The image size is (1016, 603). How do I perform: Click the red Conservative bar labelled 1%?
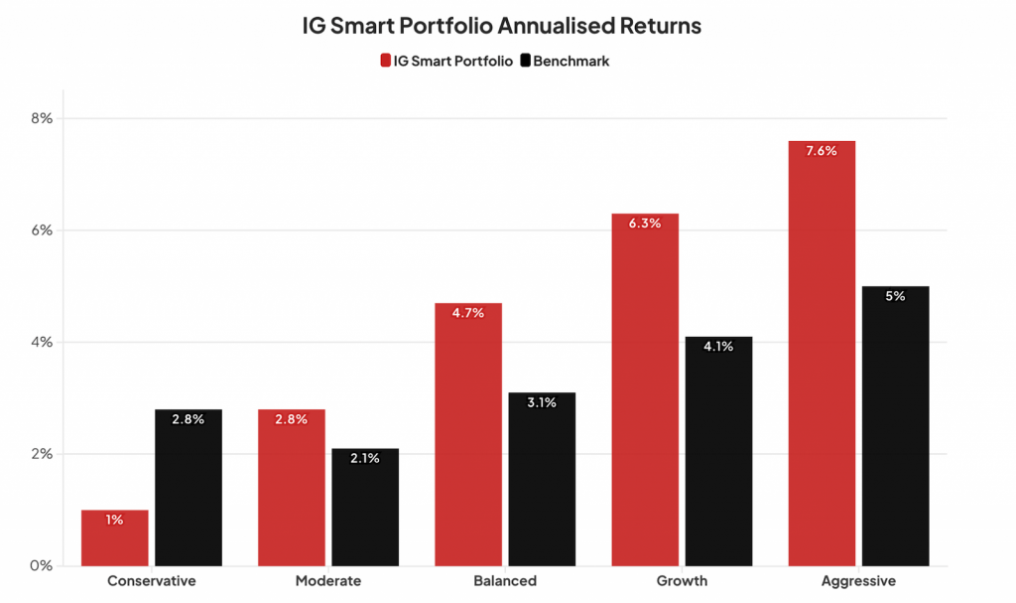[114, 538]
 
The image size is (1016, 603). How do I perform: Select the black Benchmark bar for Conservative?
[189, 488]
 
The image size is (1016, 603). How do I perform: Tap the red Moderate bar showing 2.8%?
[291, 488]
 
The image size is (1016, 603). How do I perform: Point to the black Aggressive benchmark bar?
[896, 426]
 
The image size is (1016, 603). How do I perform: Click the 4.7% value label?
[467, 313]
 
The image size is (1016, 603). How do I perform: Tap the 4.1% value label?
[718, 347]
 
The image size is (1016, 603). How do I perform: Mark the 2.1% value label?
[365, 459]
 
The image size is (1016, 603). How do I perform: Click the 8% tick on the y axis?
[41, 118]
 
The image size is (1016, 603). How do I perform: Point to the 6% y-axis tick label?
[41, 230]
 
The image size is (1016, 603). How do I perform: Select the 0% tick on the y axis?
[41, 566]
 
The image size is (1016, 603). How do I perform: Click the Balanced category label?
[505, 581]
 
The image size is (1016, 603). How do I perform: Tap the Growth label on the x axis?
[682, 581]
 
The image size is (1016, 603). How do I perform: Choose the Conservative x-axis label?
[151, 581]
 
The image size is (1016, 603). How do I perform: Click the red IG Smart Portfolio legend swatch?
[386, 61]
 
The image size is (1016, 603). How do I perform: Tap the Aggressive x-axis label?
[858, 581]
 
